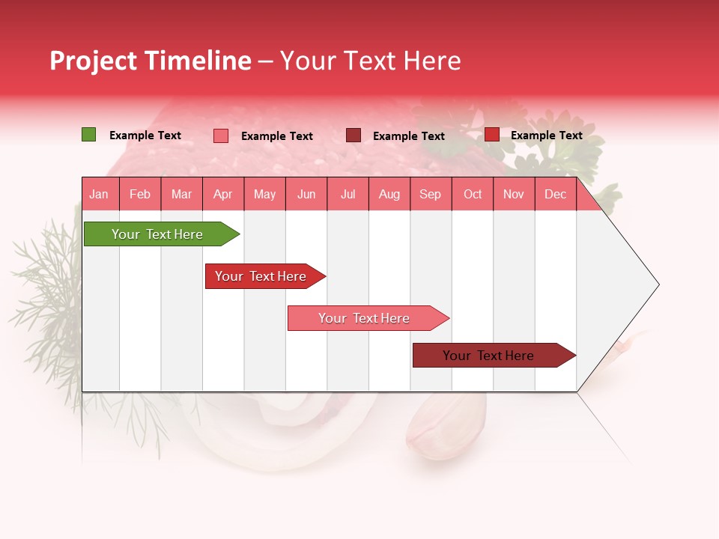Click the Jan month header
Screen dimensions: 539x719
pos(99,194)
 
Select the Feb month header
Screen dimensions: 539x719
pos(140,194)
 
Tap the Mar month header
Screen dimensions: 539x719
pos(181,194)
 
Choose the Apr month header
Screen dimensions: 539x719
pos(222,194)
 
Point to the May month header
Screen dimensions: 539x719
pos(264,194)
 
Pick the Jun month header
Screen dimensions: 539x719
pos(306,194)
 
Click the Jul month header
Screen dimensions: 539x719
pos(348,194)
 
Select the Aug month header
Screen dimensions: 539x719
pos(389,194)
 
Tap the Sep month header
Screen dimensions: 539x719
pos(430,194)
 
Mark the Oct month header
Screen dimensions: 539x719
pos(473,194)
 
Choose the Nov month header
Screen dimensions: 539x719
pos(514,194)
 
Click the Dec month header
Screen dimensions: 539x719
pos(555,194)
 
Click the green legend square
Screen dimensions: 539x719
pos(88,135)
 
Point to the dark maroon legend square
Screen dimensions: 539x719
pos(354,135)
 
